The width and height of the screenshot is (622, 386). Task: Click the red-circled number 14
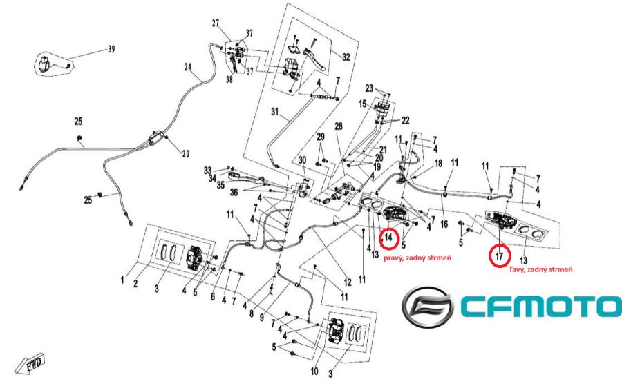pyautogui.click(x=390, y=238)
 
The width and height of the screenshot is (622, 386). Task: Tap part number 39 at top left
pyautogui.click(x=111, y=50)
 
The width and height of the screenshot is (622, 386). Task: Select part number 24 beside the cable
pyautogui.click(x=187, y=67)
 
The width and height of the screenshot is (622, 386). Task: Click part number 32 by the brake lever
pyautogui.click(x=346, y=56)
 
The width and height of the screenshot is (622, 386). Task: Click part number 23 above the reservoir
pyautogui.click(x=369, y=88)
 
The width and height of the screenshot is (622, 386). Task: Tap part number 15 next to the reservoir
pyautogui.click(x=362, y=104)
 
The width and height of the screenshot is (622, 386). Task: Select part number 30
pyautogui.click(x=303, y=160)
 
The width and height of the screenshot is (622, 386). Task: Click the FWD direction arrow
pyautogui.click(x=33, y=363)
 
